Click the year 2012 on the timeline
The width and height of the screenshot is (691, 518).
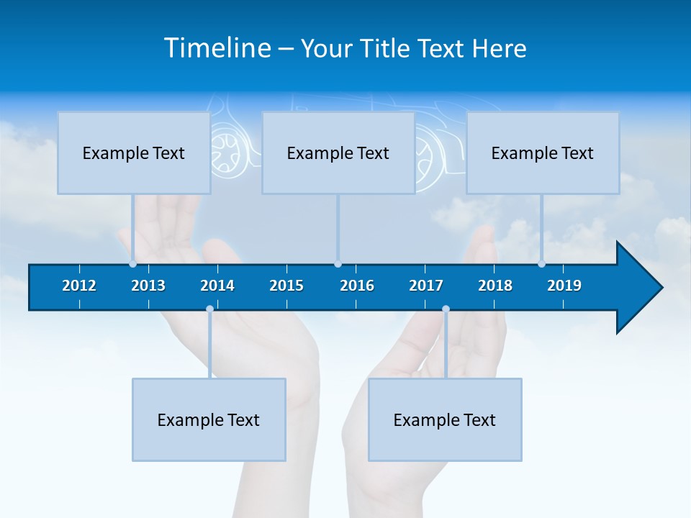coord(79,286)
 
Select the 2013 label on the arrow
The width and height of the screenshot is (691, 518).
coord(148,286)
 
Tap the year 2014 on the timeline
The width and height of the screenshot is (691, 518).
coord(217,286)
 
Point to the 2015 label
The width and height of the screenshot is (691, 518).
coord(286,286)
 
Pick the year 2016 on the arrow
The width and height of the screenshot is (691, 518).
coord(357,286)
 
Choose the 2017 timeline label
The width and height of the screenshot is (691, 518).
coord(426,286)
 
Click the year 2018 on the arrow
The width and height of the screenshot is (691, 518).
coord(495,286)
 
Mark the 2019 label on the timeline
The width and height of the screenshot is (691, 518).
coord(564,286)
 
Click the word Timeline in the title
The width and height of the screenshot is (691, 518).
coord(217,48)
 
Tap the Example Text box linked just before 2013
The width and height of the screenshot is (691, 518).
coord(134,153)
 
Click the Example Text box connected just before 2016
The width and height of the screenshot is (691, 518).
coord(338,153)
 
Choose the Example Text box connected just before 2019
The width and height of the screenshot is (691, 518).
coord(543,153)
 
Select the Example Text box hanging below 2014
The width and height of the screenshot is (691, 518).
coord(209,419)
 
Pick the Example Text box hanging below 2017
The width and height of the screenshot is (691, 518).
coord(445,419)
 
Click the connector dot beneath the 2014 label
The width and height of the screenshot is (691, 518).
coord(209,309)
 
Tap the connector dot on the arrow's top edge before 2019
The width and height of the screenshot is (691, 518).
coord(541,264)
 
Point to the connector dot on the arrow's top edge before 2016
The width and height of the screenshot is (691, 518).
coord(338,264)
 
